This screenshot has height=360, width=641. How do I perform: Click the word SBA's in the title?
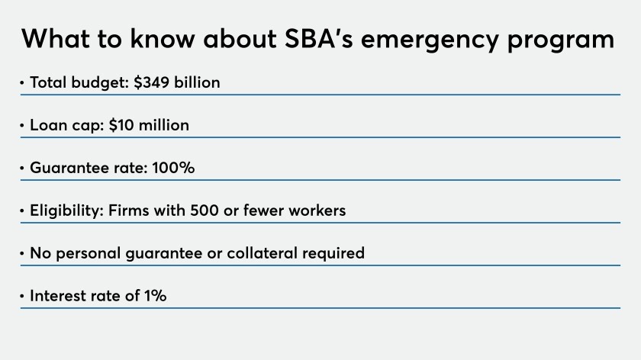coord(318,39)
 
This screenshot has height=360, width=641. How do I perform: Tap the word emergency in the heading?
coord(430,41)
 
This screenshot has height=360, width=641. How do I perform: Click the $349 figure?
coord(151,82)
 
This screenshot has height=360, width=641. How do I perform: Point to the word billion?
coord(197,82)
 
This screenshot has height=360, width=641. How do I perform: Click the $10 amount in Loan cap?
coord(121,125)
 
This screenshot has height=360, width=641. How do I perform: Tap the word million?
coord(164,125)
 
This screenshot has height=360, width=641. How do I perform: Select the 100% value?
coord(173,168)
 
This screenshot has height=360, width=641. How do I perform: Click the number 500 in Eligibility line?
coord(205,211)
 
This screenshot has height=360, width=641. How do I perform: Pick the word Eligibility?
coord(66,211)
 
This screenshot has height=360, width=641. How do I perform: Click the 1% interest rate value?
coord(156,296)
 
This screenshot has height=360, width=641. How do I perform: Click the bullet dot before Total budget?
coord(22,83)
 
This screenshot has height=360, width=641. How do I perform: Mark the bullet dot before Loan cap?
coord(22,125)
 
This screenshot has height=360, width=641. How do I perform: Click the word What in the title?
coord(56,39)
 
